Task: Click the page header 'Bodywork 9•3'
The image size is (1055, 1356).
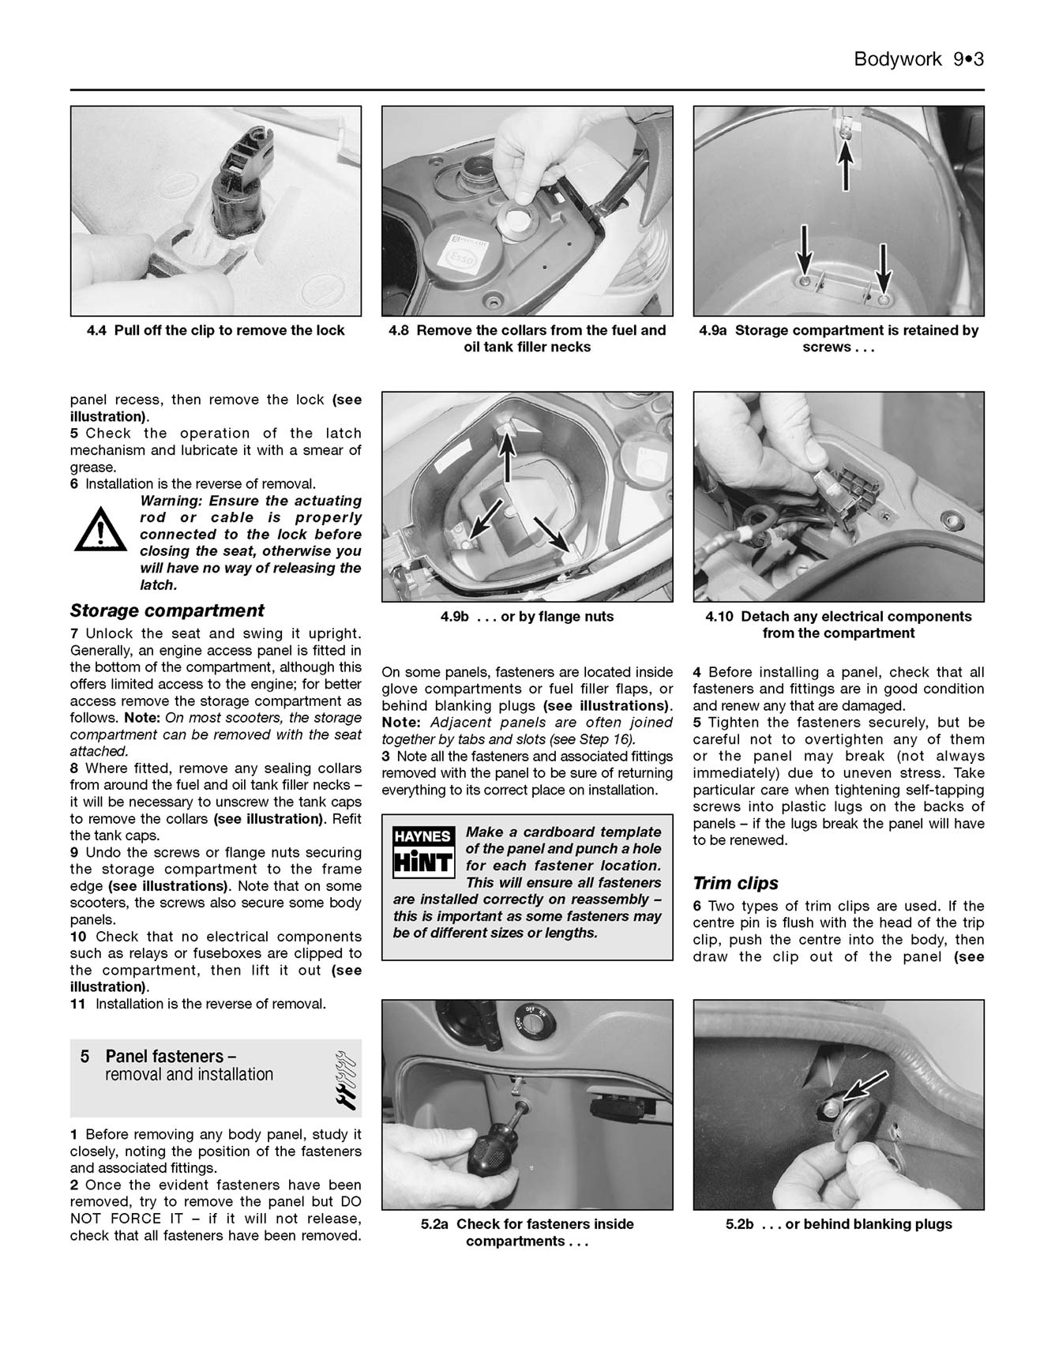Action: pos(918,59)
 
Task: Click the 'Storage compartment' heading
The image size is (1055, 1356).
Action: pos(167,610)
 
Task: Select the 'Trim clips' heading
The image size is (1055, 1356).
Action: pos(735,883)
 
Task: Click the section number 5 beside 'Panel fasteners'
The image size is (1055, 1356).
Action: pos(84,1057)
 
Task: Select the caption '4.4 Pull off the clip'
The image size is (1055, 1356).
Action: pos(216,330)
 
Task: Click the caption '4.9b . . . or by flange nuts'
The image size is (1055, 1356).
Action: pos(527,616)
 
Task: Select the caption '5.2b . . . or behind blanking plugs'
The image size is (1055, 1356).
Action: pos(839,1224)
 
